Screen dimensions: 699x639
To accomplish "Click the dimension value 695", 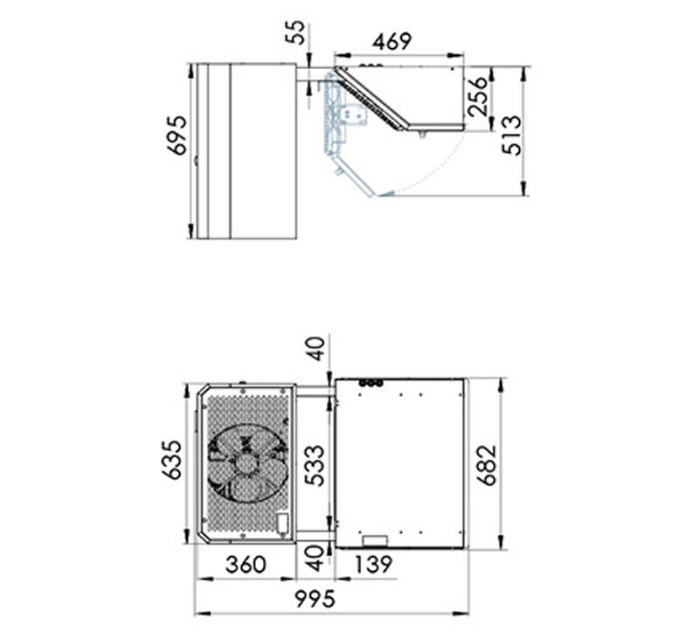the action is click(177, 135).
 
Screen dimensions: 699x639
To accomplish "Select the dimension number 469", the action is click(391, 42).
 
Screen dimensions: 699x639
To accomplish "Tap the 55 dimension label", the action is click(295, 32).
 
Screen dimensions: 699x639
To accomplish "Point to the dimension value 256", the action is click(478, 96).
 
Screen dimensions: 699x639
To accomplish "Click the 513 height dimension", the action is click(511, 135).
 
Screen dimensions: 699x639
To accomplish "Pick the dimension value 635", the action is click(171, 460).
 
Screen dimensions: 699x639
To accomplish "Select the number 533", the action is click(315, 465).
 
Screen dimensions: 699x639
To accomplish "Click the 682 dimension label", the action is click(487, 465).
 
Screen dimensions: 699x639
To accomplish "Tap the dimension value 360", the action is click(246, 565).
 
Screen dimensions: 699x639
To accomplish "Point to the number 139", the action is click(374, 565).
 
